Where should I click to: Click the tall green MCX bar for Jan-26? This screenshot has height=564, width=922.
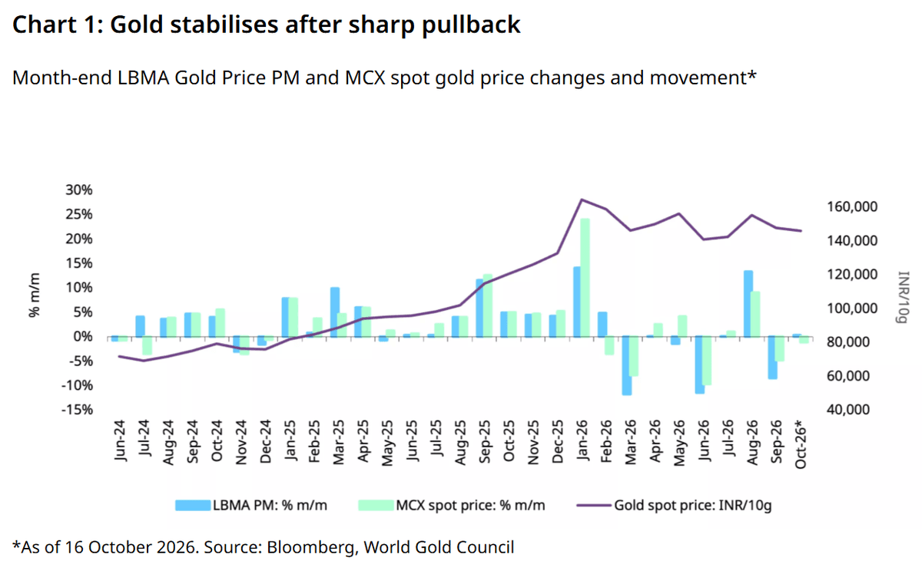click(x=585, y=278)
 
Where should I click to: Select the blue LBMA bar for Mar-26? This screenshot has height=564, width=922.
click(x=627, y=365)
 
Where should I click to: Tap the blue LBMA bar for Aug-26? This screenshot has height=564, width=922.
click(x=748, y=304)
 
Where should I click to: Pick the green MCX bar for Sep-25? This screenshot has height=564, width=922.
click(x=488, y=306)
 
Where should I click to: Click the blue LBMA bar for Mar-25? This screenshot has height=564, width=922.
click(x=335, y=312)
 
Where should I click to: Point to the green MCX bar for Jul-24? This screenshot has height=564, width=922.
click(x=147, y=345)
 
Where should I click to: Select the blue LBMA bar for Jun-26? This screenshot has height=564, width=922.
click(x=700, y=365)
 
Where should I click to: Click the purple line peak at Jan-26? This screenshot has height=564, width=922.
click(x=581, y=200)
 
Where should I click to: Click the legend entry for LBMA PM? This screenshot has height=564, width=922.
click(x=251, y=505)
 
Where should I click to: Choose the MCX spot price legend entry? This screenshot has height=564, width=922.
click(x=452, y=505)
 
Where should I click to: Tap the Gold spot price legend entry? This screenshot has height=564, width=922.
click(x=674, y=505)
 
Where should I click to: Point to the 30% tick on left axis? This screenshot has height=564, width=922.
click(x=79, y=190)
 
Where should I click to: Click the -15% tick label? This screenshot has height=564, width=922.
click(x=77, y=410)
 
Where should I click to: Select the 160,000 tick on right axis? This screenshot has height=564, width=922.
click(x=852, y=206)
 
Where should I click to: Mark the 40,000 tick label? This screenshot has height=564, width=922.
click(x=848, y=410)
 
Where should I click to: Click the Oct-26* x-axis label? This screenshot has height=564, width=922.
click(x=800, y=444)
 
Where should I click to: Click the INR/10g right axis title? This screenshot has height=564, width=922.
click(x=903, y=297)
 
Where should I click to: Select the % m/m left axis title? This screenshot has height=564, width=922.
click(x=35, y=295)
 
